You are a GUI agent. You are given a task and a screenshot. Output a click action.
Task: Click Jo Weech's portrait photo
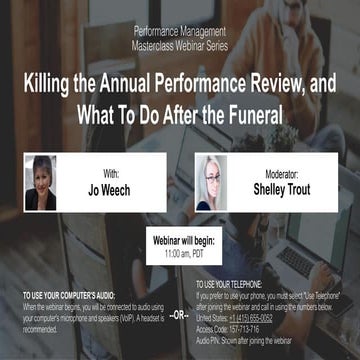[x=40, y=181]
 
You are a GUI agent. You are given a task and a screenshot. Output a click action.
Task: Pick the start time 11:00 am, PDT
[x=180, y=256]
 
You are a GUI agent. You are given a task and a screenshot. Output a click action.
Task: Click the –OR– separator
[x=178, y=315]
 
